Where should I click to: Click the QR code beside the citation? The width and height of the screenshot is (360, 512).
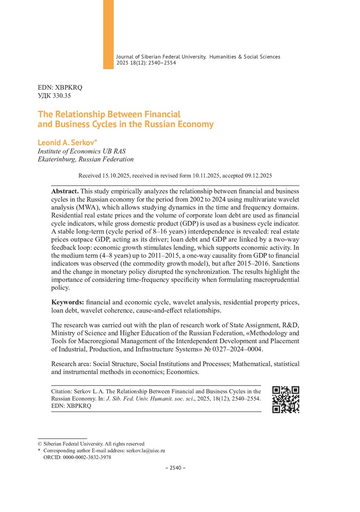[286, 399]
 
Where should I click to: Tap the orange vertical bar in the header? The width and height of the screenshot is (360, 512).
[108, 34]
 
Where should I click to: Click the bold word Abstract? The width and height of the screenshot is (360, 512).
[65, 191]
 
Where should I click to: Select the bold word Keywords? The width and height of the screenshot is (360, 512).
[68, 302]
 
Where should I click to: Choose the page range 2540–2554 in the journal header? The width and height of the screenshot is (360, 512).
[161, 63]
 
